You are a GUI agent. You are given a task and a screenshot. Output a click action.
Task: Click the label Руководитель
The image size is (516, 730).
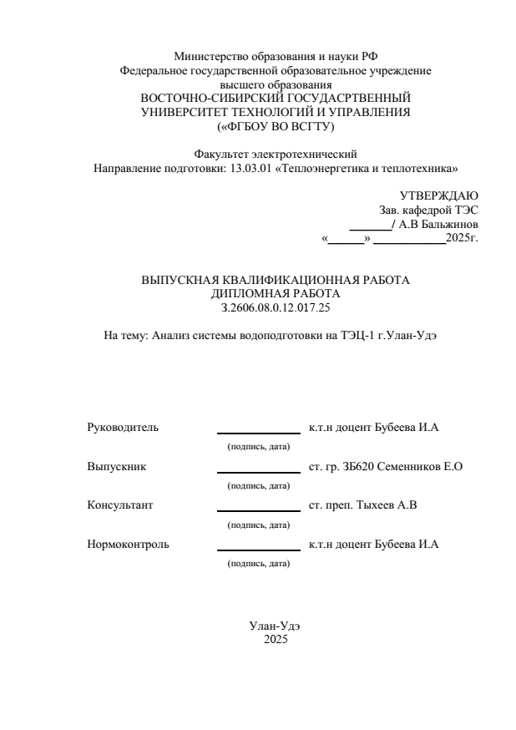click(123, 428)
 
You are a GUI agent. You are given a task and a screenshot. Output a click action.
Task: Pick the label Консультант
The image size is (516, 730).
click(120, 505)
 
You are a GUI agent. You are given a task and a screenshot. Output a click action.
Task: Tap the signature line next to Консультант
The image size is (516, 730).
click(258, 510)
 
